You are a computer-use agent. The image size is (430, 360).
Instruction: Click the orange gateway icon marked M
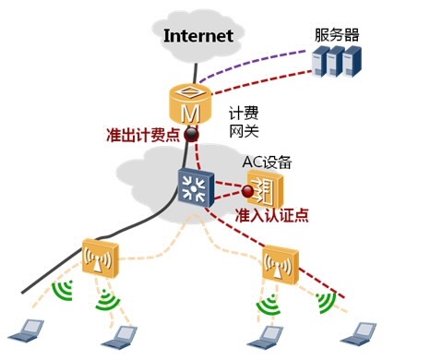pyautogui.click(x=190, y=107)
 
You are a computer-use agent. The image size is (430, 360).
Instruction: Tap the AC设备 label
pyautogui.click(x=267, y=162)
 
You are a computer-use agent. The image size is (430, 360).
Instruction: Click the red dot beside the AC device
pyautogui.click(x=247, y=192)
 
